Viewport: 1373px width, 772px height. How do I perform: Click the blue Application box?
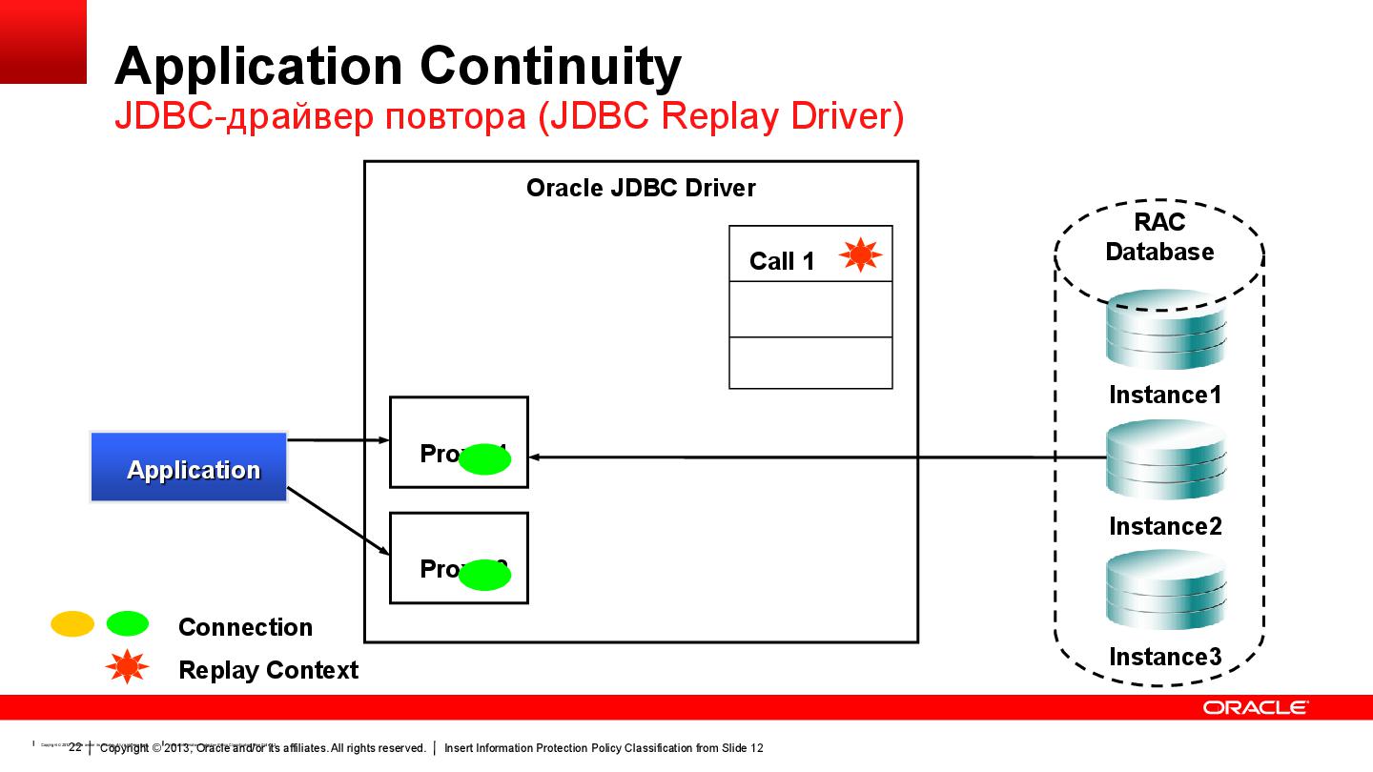(x=189, y=468)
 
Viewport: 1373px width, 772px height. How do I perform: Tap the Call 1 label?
(x=782, y=261)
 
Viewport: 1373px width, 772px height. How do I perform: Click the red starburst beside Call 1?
(x=860, y=254)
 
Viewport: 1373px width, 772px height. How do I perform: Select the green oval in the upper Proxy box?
(x=485, y=459)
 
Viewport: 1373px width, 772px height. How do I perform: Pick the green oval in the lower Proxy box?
(x=485, y=575)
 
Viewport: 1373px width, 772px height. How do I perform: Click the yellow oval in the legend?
(x=72, y=624)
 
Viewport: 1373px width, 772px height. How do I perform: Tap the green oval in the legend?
(x=127, y=624)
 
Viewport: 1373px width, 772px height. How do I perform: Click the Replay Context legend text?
(x=268, y=670)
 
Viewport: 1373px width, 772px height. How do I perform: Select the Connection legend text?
(x=245, y=627)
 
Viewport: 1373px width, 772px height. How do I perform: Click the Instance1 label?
(x=1165, y=395)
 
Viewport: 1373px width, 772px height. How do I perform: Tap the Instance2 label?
(x=1165, y=526)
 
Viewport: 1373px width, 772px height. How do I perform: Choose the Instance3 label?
(x=1165, y=657)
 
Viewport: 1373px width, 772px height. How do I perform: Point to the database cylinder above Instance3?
(x=1165, y=593)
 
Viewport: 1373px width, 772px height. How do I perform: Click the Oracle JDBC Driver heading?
(x=641, y=188)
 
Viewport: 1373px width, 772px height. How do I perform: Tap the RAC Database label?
(x=1159, y=237)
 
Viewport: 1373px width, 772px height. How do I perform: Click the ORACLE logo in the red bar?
(x=1255, y=707)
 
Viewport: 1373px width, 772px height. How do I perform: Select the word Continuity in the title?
(x=549, y=67)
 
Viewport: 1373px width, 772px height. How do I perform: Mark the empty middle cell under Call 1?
(x=810, y=309)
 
